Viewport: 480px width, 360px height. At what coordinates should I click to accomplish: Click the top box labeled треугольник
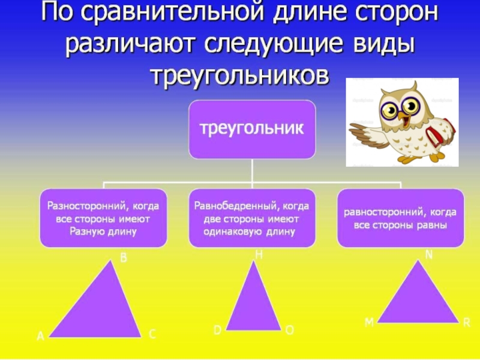(x=253, y=129)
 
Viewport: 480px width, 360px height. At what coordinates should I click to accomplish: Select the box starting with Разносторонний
(x=104, y=218)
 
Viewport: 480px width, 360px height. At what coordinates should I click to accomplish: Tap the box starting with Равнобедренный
(x=253, y=218)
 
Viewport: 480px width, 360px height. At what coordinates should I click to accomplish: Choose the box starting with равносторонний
(x=400, y=218)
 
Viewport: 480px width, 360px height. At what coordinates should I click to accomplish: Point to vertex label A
(x=41, y=337)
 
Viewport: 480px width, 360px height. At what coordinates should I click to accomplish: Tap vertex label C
(x=152, y=335)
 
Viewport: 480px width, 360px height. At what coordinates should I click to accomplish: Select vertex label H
(x=259, y=255)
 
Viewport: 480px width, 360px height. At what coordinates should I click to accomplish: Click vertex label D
(x=218, y=330)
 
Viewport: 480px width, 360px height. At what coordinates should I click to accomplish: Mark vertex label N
(x=429, y=255)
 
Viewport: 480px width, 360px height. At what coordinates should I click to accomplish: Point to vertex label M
(x=369, y=323)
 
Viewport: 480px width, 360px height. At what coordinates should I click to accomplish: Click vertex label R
(x=466, y=323)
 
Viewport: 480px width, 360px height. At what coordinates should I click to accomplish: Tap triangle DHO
(x=254, y=303)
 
